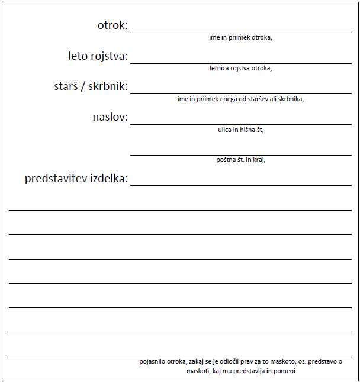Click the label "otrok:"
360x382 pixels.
point(112,25)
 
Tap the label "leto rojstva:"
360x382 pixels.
point(98,56)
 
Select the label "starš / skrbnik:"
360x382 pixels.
point(91,86)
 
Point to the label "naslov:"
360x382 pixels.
point(110,117)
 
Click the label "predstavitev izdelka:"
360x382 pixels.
point(76,178)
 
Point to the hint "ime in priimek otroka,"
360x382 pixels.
point(240,38)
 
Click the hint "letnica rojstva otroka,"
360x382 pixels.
point(240,68)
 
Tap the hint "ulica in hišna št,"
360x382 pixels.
point(240,130)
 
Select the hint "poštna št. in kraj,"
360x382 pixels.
point(240,160)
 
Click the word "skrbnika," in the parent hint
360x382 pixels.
point(290,99)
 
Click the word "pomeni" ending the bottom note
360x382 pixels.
point(285,371)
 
